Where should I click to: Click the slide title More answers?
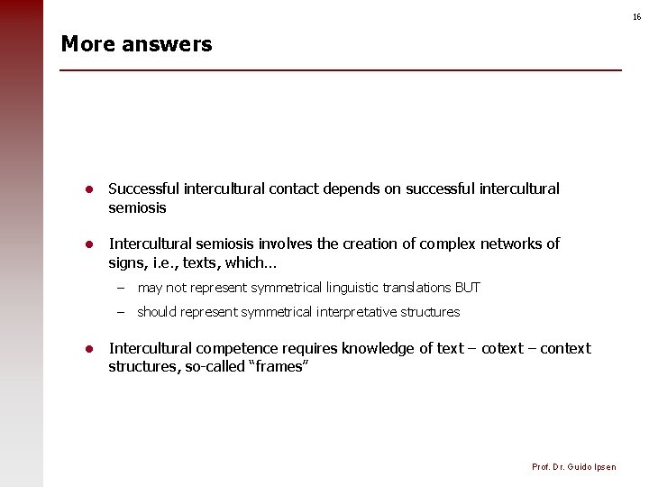coord(136,44)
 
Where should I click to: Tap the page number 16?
coord(636,17)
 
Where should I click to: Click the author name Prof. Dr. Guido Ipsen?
coord(574,466)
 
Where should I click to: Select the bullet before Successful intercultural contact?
coord(90,189)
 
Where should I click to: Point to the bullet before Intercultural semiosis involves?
coord(90,243)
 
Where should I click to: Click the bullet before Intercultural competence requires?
coord(90,349)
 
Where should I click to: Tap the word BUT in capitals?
coord(468,288)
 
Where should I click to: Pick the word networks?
coord(509,243)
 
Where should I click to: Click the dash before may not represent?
coord(119,288)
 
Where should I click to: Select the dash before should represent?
coord(119,312)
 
